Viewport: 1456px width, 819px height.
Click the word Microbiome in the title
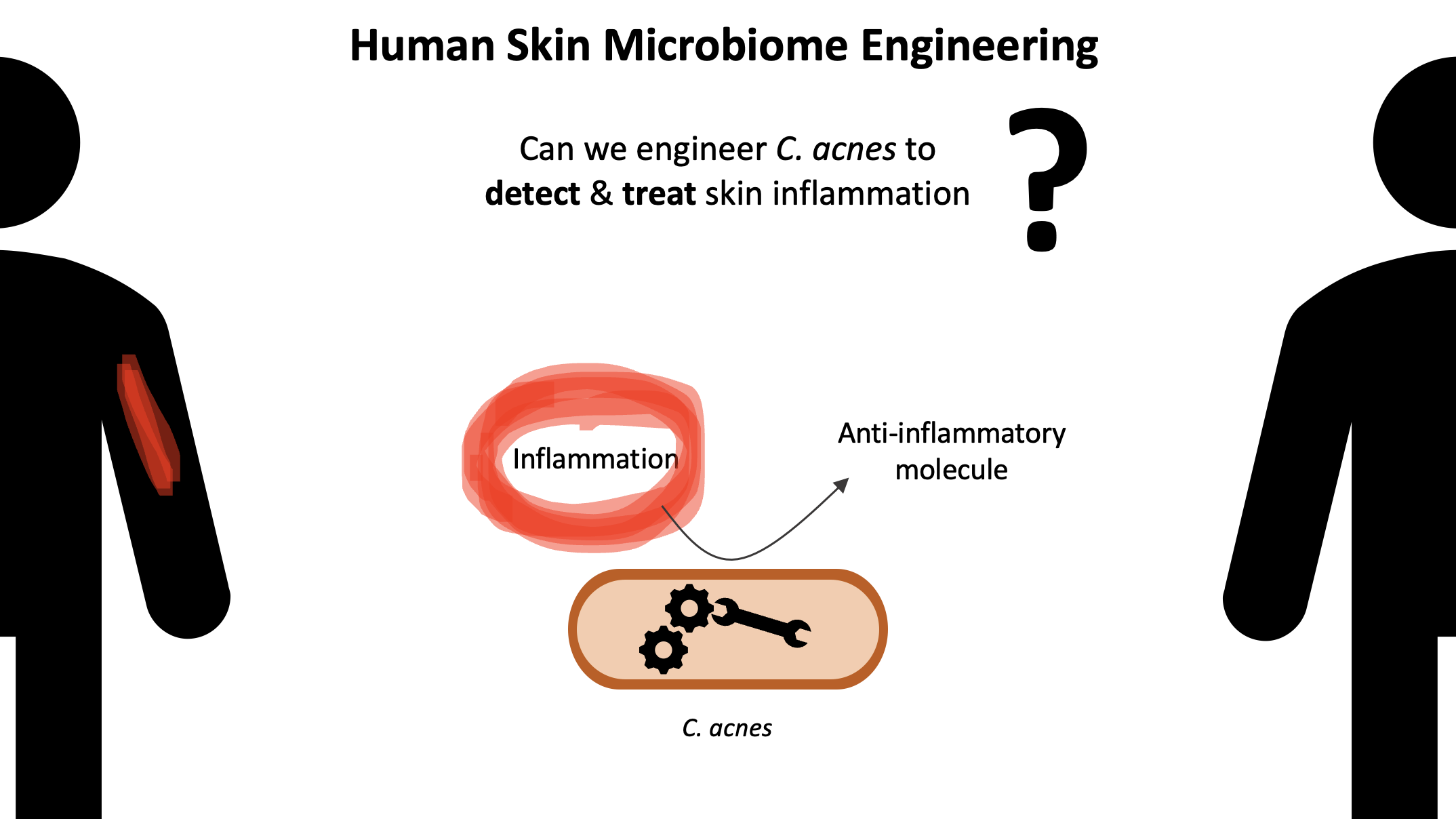click(725, 46)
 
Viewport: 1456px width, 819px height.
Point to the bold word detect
click(532, 194)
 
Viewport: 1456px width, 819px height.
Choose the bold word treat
click(659, 194)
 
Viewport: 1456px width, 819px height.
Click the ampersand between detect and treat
click(601, 194)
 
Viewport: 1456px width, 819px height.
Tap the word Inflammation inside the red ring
click(595, 459)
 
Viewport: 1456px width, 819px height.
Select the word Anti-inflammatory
click(951, 433)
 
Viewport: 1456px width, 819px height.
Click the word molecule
click(951, 470)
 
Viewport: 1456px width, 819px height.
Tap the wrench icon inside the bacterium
click(762, 621)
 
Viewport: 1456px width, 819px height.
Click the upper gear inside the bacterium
click(689, 608)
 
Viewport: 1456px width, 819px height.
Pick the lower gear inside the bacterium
click(663, 650)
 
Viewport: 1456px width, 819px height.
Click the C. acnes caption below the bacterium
click(727, 728)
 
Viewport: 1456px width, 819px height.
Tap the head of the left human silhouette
click(34, 142)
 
